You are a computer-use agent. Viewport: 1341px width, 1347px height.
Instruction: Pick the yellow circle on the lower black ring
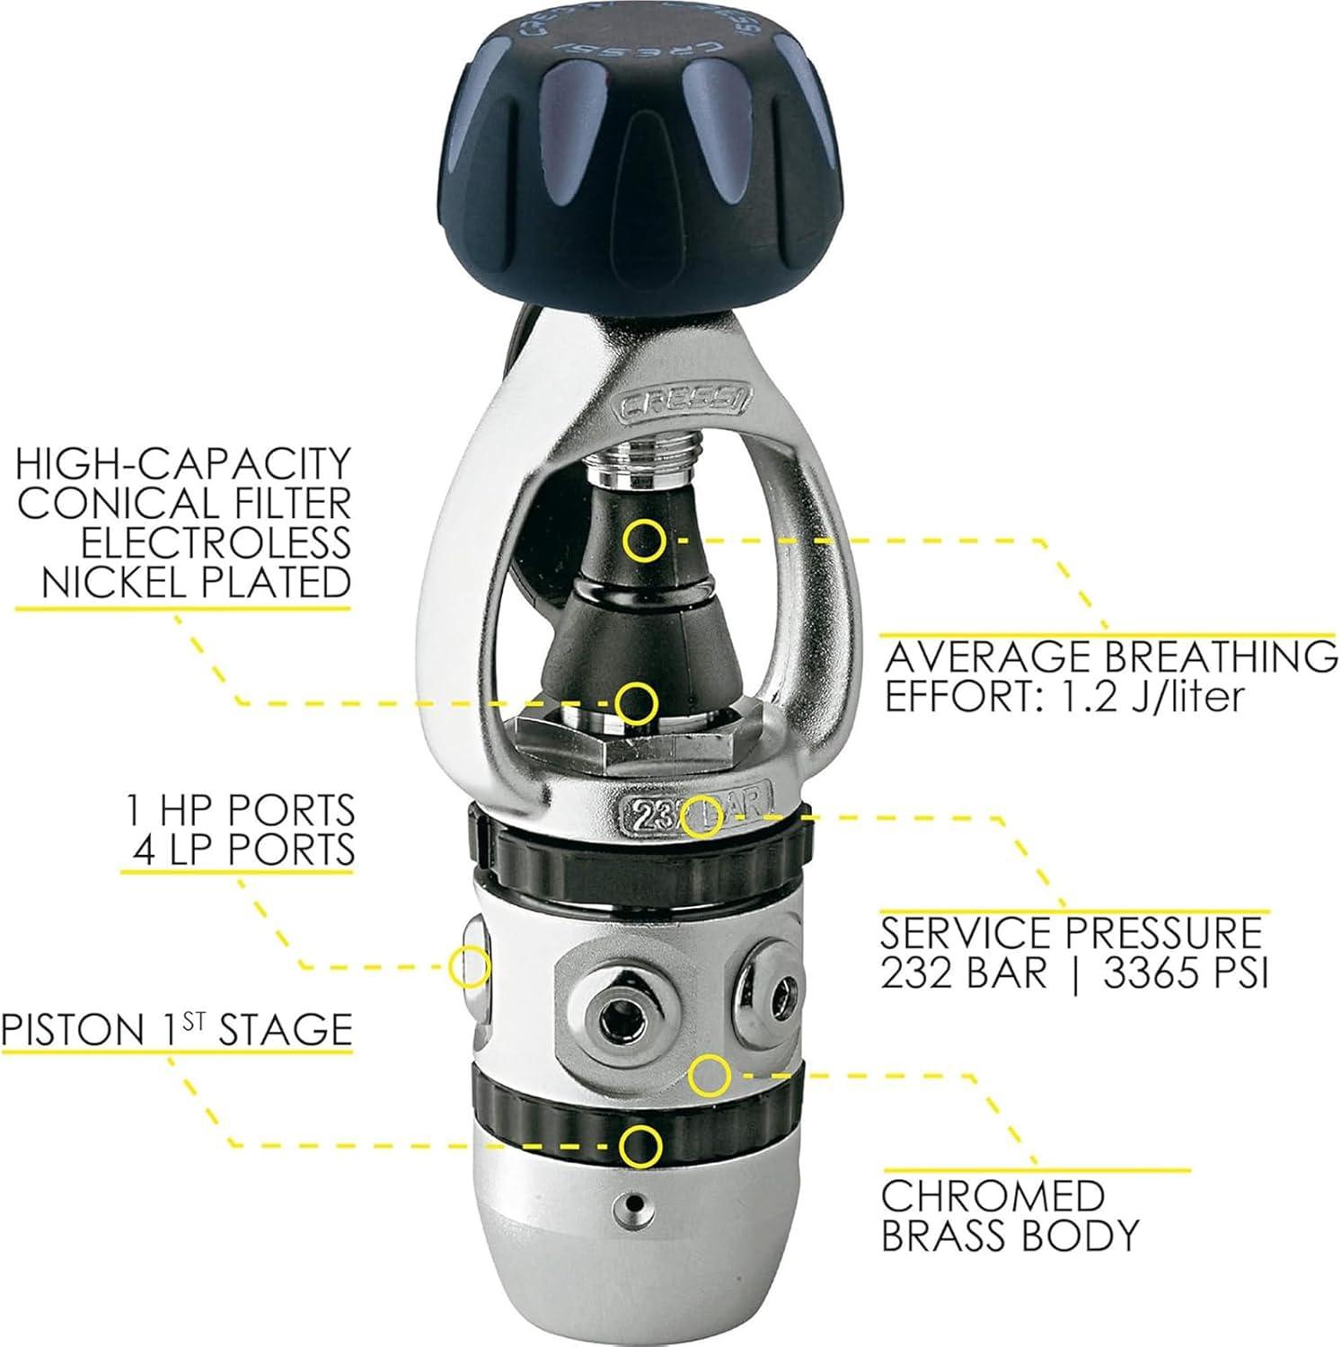click(x=640, y=1145)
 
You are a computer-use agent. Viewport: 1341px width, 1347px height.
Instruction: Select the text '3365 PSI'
click(x=1186, y=974)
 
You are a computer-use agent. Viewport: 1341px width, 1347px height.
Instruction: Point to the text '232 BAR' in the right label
click(x=965, y=974)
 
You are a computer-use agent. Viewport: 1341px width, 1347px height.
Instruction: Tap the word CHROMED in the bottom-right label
click(x=993, y=1196)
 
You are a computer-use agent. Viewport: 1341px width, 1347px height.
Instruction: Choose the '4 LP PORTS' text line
click(x=243, y=850)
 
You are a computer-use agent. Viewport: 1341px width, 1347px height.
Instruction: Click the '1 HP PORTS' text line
click(x=240, y=810)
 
